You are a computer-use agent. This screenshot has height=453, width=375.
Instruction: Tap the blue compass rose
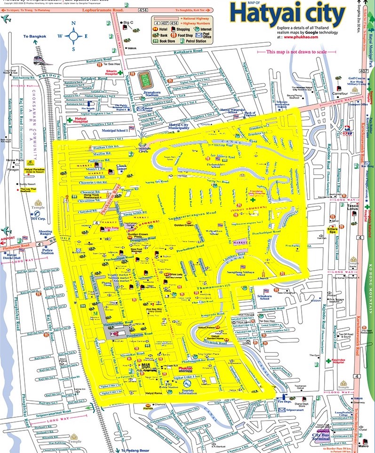coord(74,35)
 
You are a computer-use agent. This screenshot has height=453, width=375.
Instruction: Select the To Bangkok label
coord(35,36)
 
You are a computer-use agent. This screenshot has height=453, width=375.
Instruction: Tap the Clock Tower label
coord(122,167)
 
